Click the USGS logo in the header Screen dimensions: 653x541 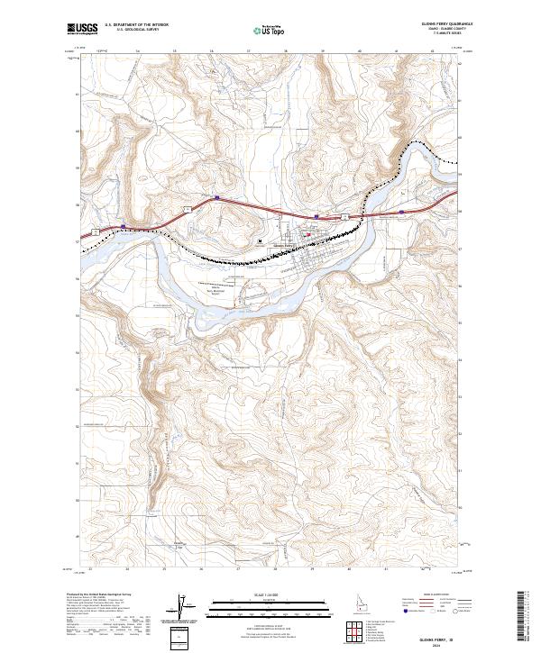pyautogui.click(x=82, y=29)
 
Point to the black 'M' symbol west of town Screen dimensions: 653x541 pyautogui.click(x=261, y=241)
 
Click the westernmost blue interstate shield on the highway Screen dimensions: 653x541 pyautogui.click(x=124, y=228)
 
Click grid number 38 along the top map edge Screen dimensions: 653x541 pyautogui.click(x=286, y=52)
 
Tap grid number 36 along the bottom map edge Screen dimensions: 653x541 pyautogui.click(x=201, y=569)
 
